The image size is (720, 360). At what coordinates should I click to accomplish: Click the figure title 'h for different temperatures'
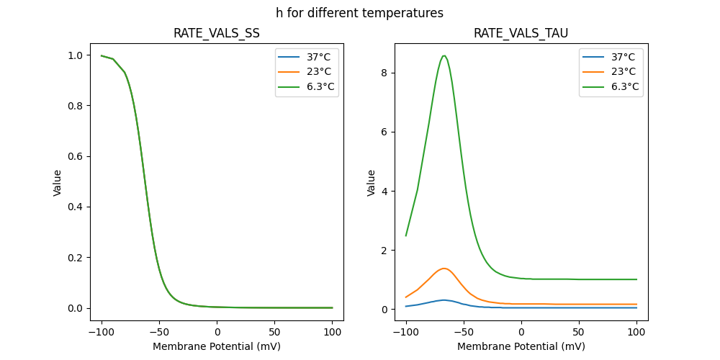pos(359,13)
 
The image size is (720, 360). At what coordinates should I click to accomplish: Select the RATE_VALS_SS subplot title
pos(216,34)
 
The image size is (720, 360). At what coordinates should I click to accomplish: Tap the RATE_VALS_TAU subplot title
pos(521,34)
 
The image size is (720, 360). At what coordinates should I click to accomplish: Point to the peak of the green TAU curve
pos(444,55)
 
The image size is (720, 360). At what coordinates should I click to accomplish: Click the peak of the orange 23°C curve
pos(444,269)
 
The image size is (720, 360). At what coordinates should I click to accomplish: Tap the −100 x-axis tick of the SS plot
pos(101,332)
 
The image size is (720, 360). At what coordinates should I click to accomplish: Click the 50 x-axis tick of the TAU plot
pos(578,332)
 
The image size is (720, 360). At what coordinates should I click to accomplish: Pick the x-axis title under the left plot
pos(216,346)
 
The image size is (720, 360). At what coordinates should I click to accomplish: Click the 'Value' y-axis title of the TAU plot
pos(372,183)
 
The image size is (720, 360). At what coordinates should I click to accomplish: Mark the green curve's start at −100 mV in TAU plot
pos(406,235)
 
